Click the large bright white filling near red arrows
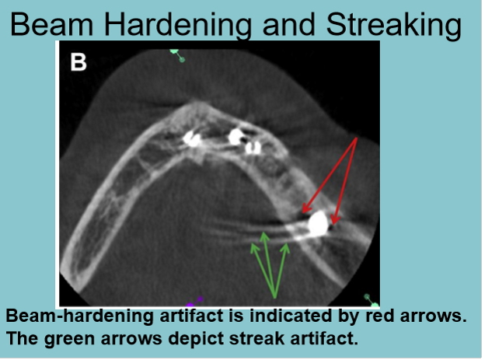(x=317, y=224)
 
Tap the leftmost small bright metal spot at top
(x=190, y=140)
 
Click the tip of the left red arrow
(x=302, y=213)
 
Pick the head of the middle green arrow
(x=266, y=232)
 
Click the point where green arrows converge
(x=274, y=296)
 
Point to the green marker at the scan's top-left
(x=176, y=54)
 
